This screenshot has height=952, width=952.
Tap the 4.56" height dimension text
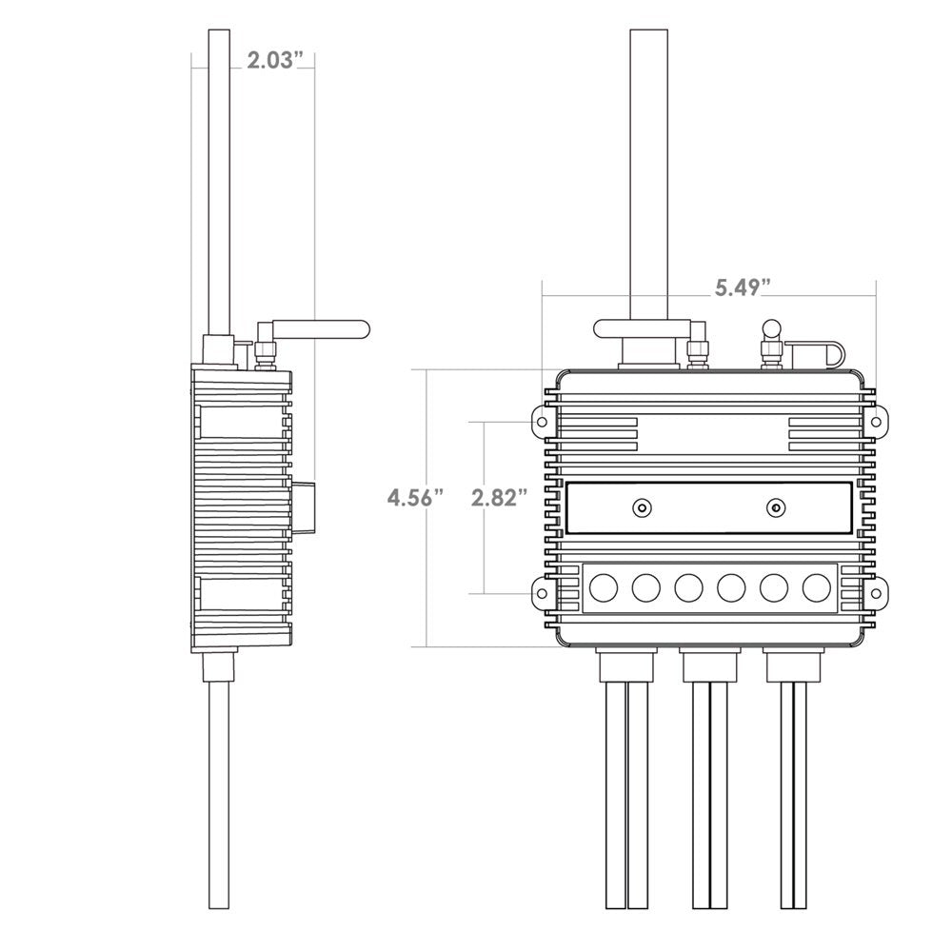pos(415,498)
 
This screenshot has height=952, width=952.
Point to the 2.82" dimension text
pos(499,498)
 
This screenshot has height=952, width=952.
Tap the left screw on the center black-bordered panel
pos(643,507)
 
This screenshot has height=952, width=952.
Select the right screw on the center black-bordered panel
pos(777,507)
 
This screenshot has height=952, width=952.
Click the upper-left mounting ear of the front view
pos(543,420)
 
